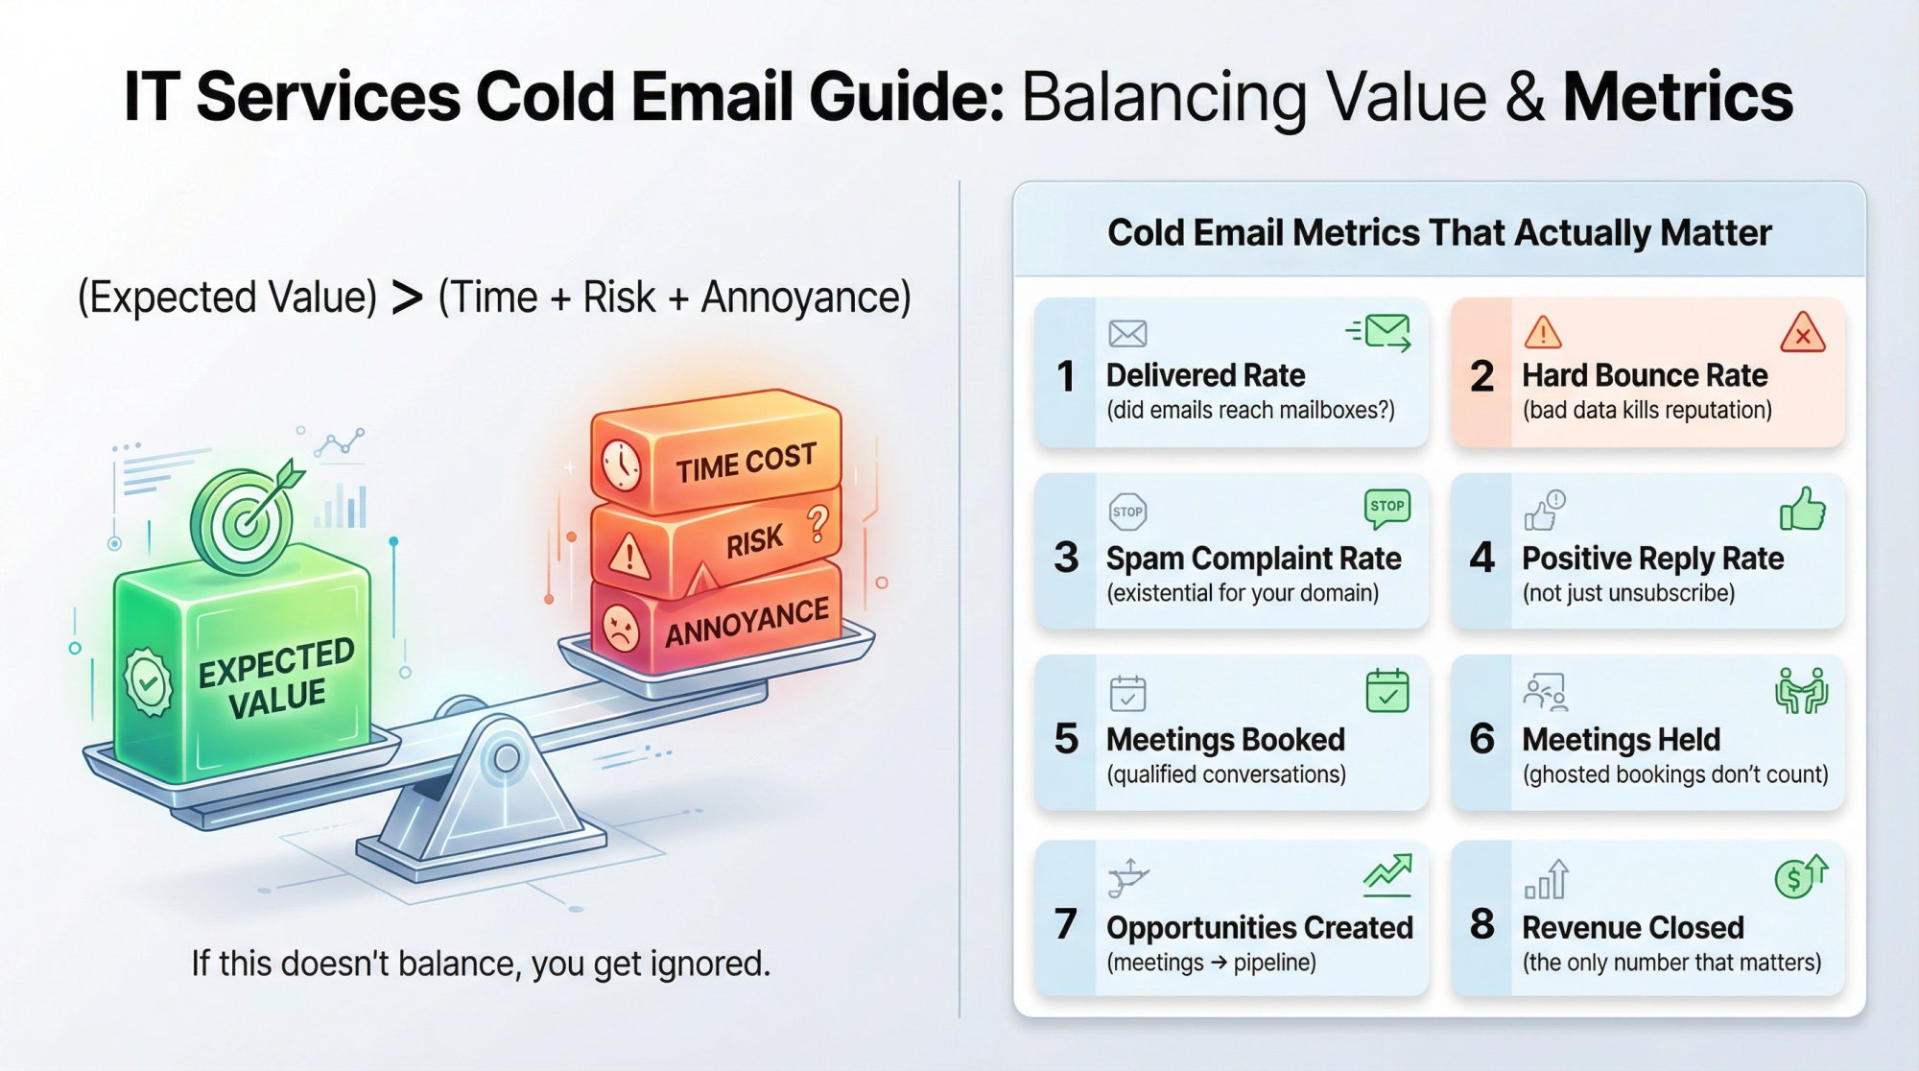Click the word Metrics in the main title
(x=1677, y=97)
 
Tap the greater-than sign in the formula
(x=407, y=297)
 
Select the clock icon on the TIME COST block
(x=622, y=464)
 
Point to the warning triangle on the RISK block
(x=629, y=555)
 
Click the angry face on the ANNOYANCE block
(x=621, y=629)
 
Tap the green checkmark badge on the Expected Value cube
(x=148, y=682)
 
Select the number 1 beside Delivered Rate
(x=1065, y=375)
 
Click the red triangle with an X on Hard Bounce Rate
(x=1802, y=334)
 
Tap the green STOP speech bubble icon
(x=1386, y=508)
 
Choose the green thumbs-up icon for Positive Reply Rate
(x=1803, y=509)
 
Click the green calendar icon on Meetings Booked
(x=1386, y=691)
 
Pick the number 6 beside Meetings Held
(x=1481, y=738)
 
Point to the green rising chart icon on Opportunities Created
(x=1387, y=874)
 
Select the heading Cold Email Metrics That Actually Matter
(x=1439, y=233)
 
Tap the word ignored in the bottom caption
(x=709, y=964)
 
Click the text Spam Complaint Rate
(x=1253, y=559)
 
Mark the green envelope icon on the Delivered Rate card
(x=1382, y=332)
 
